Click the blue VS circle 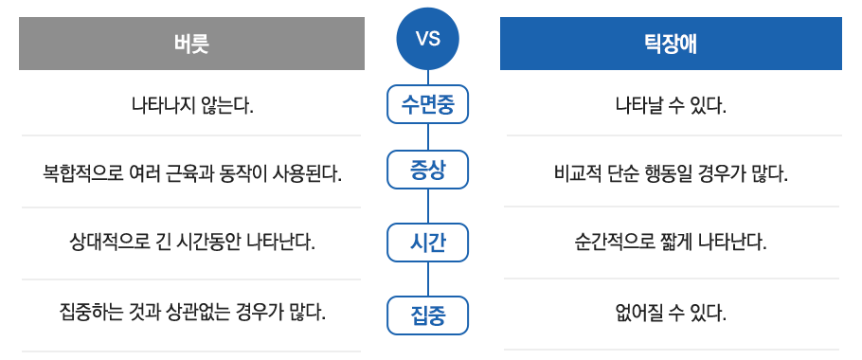[x=428, y=39]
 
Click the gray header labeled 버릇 [x=192, y=44]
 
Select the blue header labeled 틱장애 [x=671, y=44]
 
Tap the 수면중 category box [x=428, y=104]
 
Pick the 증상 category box [x=428, y=170]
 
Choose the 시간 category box [x=428, y=243]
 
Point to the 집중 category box [x=428, y=315]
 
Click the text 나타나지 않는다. [x=192, y=104]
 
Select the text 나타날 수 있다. [x=672, y=104]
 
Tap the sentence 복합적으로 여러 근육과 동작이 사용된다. [x=192, y=174]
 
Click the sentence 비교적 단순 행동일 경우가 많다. [x=672, y=174]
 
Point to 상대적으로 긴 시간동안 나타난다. [x=192, y=242]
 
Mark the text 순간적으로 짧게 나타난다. [x=672, y=242]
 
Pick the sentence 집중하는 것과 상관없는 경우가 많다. [x=192, y=313]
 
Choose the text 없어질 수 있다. [x=672, y=314]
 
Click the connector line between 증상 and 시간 [x=428, y=207]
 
